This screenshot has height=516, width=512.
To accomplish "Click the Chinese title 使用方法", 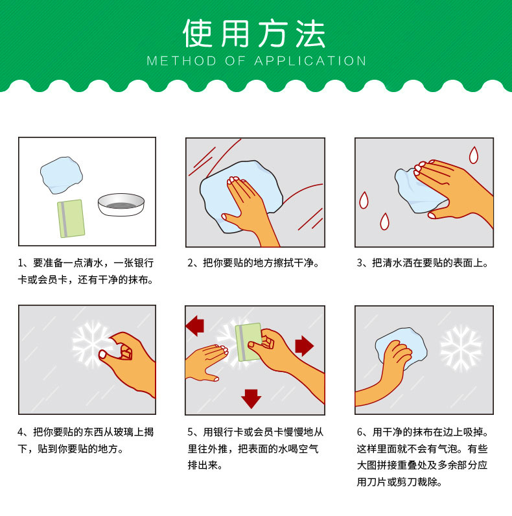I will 255,34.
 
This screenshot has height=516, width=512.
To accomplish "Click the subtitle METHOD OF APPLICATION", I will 257,62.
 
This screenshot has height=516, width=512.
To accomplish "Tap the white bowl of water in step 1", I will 121,204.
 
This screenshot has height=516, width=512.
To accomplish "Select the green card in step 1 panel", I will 71,218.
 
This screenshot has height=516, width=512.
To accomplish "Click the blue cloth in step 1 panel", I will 61,174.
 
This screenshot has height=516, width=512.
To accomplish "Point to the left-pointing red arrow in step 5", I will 194,326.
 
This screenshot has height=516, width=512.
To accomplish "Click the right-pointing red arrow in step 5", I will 304,346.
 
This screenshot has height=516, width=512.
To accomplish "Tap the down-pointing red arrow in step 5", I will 251,397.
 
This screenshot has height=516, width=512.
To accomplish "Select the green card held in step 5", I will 248,342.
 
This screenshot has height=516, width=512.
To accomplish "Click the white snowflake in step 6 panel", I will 461,347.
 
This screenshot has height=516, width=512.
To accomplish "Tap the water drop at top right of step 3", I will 474,154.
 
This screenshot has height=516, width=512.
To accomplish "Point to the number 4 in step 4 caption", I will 21,432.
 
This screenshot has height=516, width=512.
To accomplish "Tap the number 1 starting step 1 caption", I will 21,264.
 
